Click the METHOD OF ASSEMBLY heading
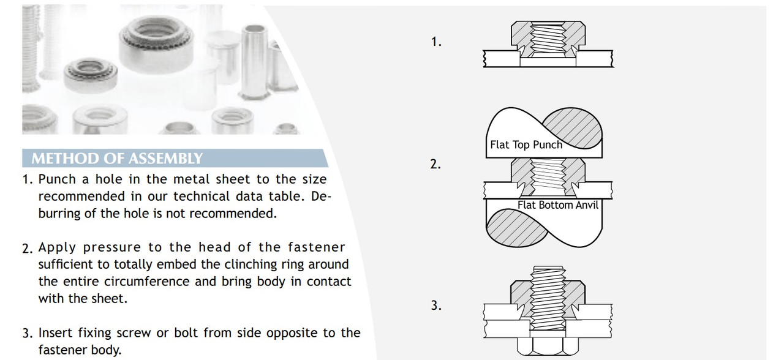pos(116,159)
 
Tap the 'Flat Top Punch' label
pos(526,145)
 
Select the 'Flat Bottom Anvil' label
pos(557,205)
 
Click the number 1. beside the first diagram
pos(436,42)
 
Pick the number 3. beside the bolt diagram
pos(436,306)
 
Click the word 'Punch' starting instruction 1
pos(57,179)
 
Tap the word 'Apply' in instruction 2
pos(57,247)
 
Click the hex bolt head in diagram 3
pos(548,347)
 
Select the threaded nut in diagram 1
pos(548,38)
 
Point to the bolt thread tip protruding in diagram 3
pos(548,271)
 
